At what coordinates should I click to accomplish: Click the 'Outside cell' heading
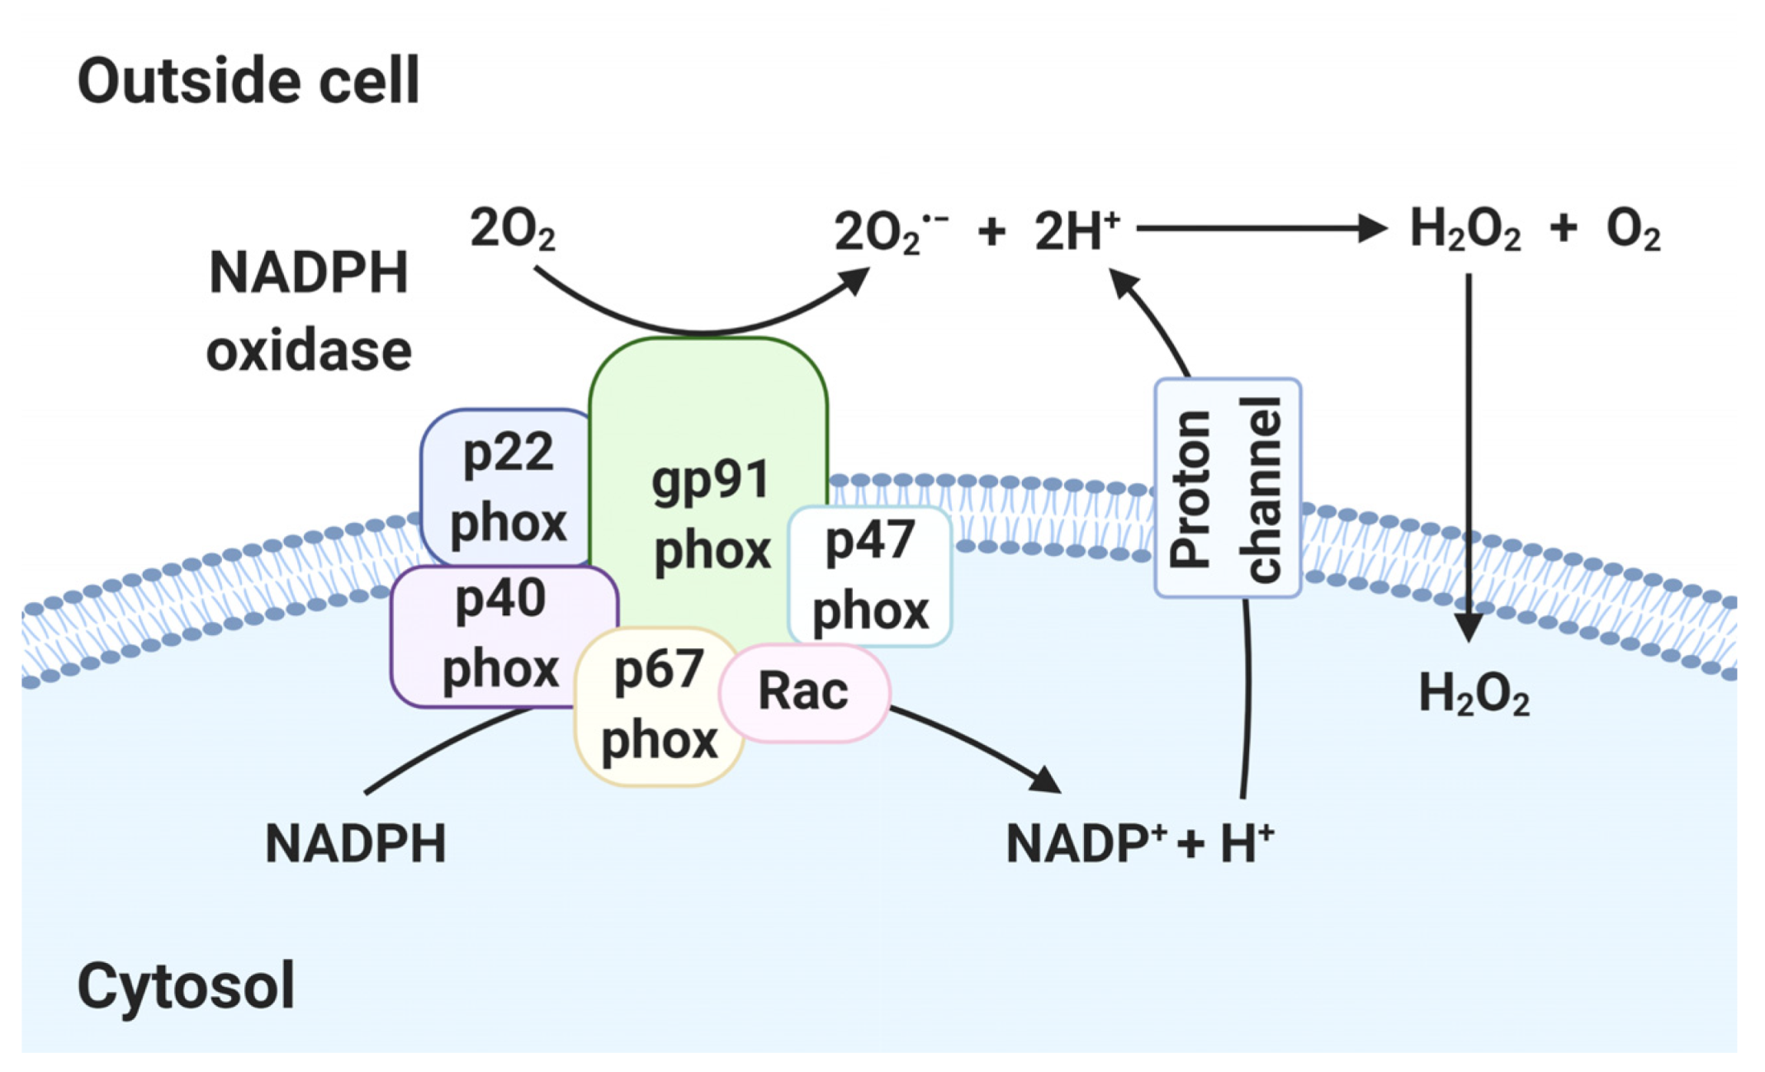click(x=248, y=82)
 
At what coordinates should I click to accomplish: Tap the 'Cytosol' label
click(x=186, y=986)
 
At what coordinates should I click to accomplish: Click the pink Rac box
click(x=803, y=692)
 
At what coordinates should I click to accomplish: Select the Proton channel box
click(x=1227, y=488)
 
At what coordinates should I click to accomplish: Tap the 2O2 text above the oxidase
click(x=512, y=230)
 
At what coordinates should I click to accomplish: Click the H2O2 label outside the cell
click(x=1465, y=230)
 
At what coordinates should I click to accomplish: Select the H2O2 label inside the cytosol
click(x=1474, y=694)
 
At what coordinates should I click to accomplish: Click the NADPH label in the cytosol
click(x=355, y=844)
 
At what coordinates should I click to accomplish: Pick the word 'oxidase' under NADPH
click(x=309, y=351)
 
